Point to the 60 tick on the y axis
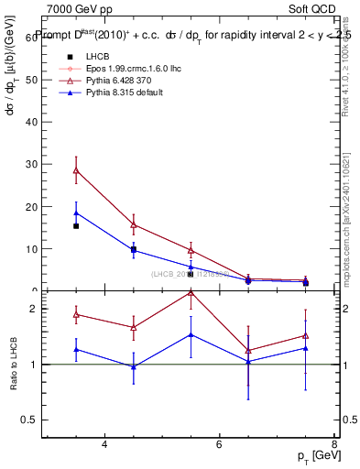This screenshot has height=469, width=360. point(36,37)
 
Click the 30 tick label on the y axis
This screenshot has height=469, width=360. point(36,164)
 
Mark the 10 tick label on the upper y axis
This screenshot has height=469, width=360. point(36,248)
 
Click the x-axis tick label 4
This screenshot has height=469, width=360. point(104,444)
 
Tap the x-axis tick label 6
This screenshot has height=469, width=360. point(219,444)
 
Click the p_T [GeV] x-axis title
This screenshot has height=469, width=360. point(315,455)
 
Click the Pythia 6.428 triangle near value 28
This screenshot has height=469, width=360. point(76,170)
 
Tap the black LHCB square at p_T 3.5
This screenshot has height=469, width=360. point(76,225)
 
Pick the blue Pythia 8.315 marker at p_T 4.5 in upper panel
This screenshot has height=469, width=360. point(134,249)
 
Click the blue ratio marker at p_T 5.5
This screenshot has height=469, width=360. point(191,334)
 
